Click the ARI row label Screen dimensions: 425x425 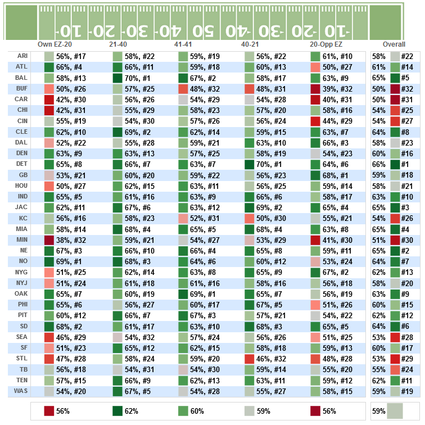22,57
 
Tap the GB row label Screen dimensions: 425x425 22,175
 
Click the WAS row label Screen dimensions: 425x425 21,391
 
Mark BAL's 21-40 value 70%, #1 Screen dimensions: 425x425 137,78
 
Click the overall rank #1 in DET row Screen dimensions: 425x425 408,165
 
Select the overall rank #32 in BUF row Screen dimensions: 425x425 408,89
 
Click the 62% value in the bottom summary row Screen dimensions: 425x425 132,412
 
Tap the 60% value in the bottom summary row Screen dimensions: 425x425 198,412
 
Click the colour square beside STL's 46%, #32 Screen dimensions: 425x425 250,359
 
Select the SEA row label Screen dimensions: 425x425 22,337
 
